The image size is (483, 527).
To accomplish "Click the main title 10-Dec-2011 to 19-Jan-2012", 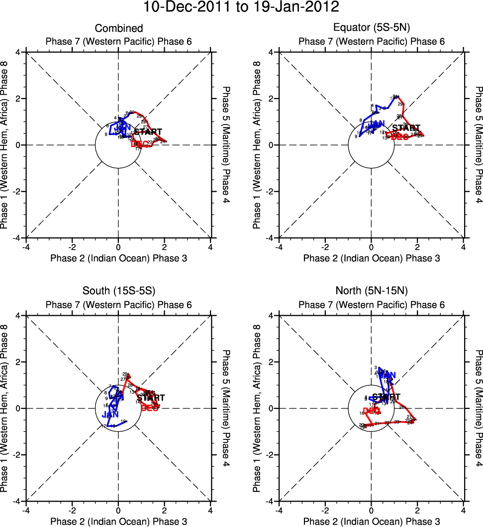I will [x=241, y=8].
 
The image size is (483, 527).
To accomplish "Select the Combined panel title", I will [x=118, y=28].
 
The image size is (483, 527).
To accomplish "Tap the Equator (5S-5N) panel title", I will [x=371, y=28].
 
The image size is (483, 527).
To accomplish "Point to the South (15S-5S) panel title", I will [x=118, y=292].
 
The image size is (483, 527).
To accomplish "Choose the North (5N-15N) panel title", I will [x=371, y=292].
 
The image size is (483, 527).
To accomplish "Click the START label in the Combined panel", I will [x=148, y=132].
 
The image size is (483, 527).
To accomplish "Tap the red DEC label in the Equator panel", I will [x=400, y=136].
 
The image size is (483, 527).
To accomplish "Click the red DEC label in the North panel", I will [x=372, y=410].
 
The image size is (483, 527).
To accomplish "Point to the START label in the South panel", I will [x=151, y=398].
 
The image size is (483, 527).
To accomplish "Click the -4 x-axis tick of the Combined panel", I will [x=26, y=247].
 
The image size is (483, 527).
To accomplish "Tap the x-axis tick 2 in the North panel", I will [x=417, y=511].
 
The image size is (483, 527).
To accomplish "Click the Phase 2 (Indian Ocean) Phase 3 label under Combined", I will [x=118, y=258].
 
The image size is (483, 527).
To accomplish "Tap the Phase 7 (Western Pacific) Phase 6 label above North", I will [x=371, y=305].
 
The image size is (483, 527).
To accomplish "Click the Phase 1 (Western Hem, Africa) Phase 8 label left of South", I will [x=5, y=408].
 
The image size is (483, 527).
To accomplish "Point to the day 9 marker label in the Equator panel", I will [x=356, y=136].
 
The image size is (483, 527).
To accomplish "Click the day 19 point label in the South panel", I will [x=123, y=421].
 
